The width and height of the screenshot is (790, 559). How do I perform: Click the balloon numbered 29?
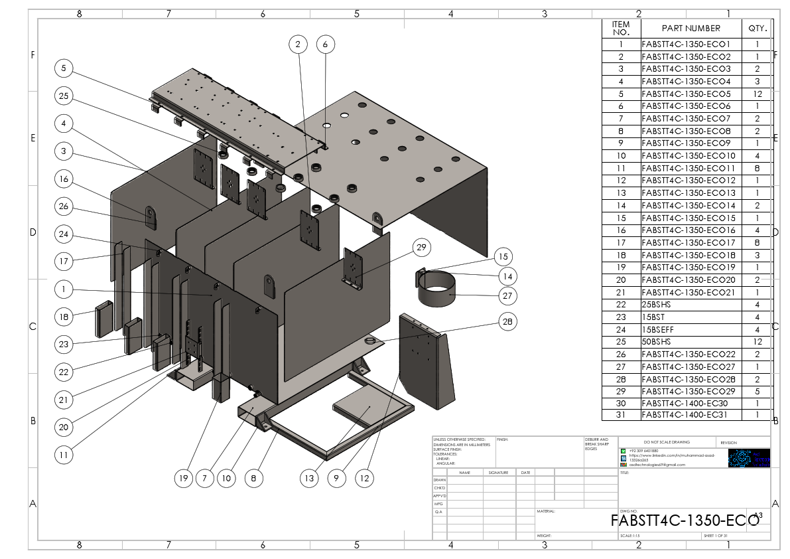click(421, 248)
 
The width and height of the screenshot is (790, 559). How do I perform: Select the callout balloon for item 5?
click(64, 68)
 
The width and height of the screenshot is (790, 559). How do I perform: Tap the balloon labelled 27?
click(507, 295)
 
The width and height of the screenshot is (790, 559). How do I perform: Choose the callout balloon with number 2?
click(298, 44)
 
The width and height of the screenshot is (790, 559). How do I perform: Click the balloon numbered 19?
click(184, 478)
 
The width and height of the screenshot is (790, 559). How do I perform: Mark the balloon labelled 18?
click(64, 317)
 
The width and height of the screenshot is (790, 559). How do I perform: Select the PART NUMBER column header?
click(691, 28)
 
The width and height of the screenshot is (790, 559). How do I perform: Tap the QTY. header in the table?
click(757, 28)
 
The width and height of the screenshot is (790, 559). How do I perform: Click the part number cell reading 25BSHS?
click(691, 305)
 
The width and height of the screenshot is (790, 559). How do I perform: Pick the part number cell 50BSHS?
click(691, 342)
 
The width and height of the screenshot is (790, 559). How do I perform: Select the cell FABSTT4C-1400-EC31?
click(691, 415)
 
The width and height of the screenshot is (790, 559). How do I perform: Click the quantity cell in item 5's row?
click(757, 94)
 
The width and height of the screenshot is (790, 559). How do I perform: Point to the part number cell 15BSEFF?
click(691, 329)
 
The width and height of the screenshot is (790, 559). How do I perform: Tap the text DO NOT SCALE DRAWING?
click(667, 442)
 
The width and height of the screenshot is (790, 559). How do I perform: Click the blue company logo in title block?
click(749, 458)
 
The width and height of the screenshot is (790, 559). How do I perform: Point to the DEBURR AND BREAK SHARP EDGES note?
click(596, 444)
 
